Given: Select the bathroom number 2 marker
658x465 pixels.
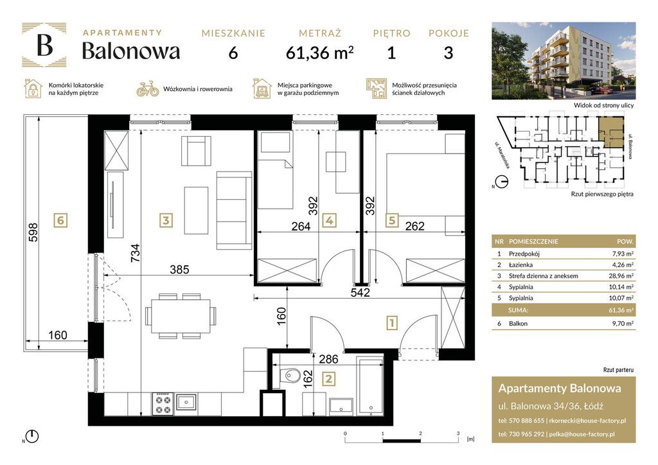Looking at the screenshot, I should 328,379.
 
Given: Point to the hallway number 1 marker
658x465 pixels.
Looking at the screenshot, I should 391,323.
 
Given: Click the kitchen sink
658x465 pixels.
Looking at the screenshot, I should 186,402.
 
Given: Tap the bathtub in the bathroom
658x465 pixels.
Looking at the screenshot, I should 370,385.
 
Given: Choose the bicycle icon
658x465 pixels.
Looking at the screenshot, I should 147,89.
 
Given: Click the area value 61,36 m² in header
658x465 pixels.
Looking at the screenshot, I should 319,53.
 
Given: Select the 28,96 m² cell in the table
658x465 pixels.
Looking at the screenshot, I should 621,276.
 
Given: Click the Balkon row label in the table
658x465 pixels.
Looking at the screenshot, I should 518,324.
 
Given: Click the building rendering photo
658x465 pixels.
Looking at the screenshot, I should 563,60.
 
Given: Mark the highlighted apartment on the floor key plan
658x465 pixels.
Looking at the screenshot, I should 611,132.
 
